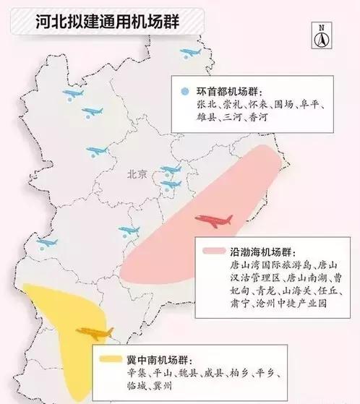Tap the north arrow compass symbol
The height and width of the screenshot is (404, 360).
318,35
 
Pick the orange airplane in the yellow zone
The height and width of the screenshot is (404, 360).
95,333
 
